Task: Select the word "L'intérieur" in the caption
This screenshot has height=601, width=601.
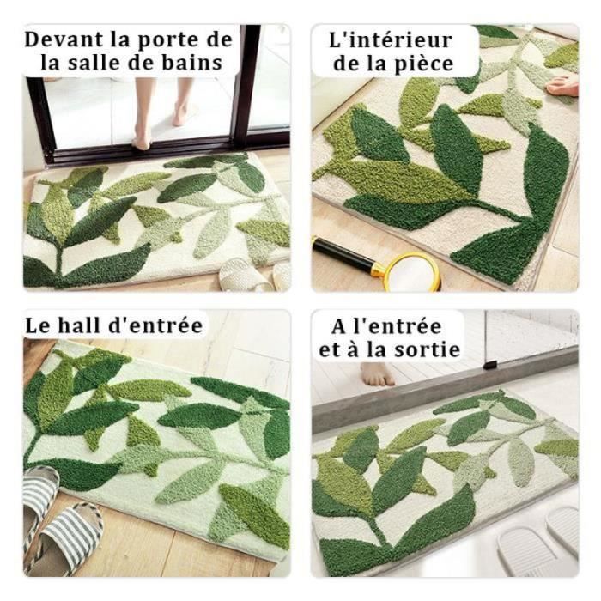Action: tap(391, 40)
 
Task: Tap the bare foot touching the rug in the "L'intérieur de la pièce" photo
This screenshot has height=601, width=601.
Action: tap(562, 87)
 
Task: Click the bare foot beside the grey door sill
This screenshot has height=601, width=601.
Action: tap(376, 374)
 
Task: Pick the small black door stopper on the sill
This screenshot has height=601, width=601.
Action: tap(490, 365)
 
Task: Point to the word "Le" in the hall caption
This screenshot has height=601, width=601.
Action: tap(38, 325)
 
